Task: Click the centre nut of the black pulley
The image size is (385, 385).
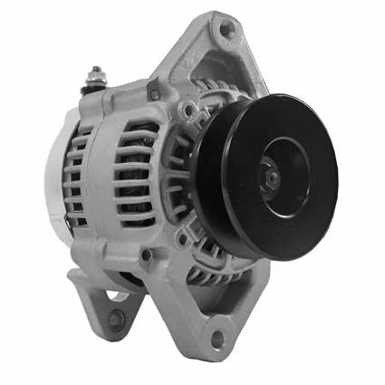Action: click(x=270, y=178)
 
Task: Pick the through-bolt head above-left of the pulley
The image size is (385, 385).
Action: click(x=187, y=112)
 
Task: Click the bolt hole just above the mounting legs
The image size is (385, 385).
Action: click(x=147, y=255)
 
